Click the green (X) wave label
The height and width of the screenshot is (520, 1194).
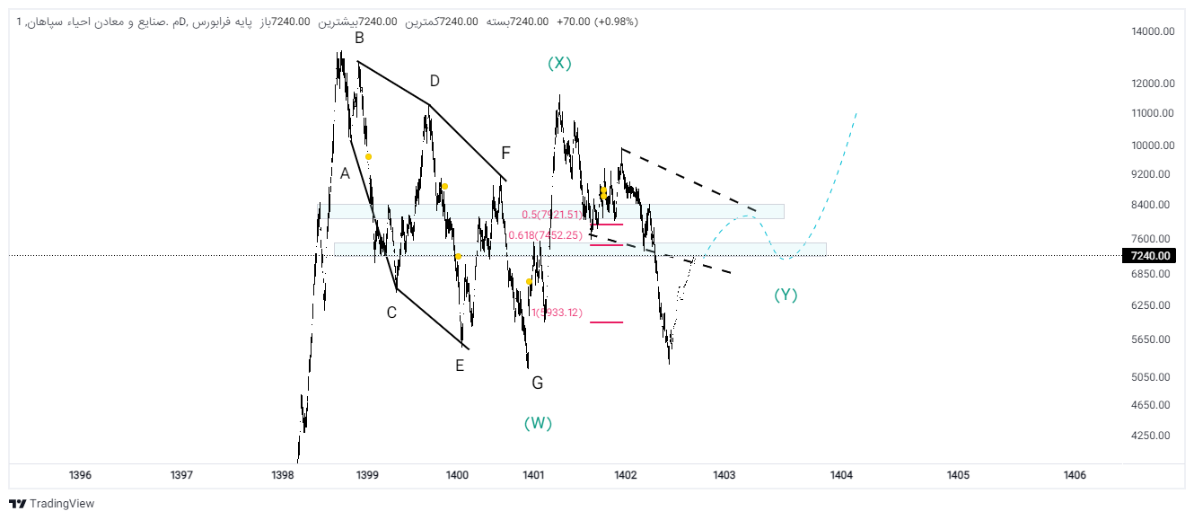pyautogui.click(x=559, y=63)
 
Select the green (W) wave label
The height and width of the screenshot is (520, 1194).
pyautogui.click(x=538, y=424)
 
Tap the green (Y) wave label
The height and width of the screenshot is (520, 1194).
pyautogui.click(x=786, y=295)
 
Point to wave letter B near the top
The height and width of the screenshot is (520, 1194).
pyautogui.click(x=359, y=38)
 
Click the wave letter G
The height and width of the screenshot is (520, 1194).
pyautogui.click(x=537, y=383)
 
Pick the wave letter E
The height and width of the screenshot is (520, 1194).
pyautogui.click(x=460, y=365)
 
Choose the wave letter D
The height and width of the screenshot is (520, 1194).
pyautogui.click(x=435, y=81)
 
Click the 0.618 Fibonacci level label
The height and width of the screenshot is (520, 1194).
pyautogui.click(x=546, y=235)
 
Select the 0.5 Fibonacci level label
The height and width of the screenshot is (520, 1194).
pyautogui.click(x=552, y=215)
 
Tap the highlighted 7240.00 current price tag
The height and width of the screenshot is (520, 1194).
pyautogui.click(x=1150, y=256)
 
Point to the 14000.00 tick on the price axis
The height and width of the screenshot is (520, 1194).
pyautogui.click(x=1153, y=31)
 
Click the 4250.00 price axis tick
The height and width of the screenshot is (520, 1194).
pyautogui.click(x=1153, y=436)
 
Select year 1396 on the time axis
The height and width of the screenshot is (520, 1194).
pyautogui.click(x=80, y=475)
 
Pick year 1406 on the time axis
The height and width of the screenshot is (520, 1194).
pyautogui.click(x=1074, y=475)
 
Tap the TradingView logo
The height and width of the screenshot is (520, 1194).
pyautogui.click(x=52, y=504)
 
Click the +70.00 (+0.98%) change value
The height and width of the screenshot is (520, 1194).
pyautogui.click(x=597, y=22)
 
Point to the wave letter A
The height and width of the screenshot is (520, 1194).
pyautogui.click(x=345, y=173)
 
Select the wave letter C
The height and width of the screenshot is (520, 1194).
pyautogui.click(x=391, y=313)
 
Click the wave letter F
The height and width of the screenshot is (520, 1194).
pyautogui.click(x=505, y=153)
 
